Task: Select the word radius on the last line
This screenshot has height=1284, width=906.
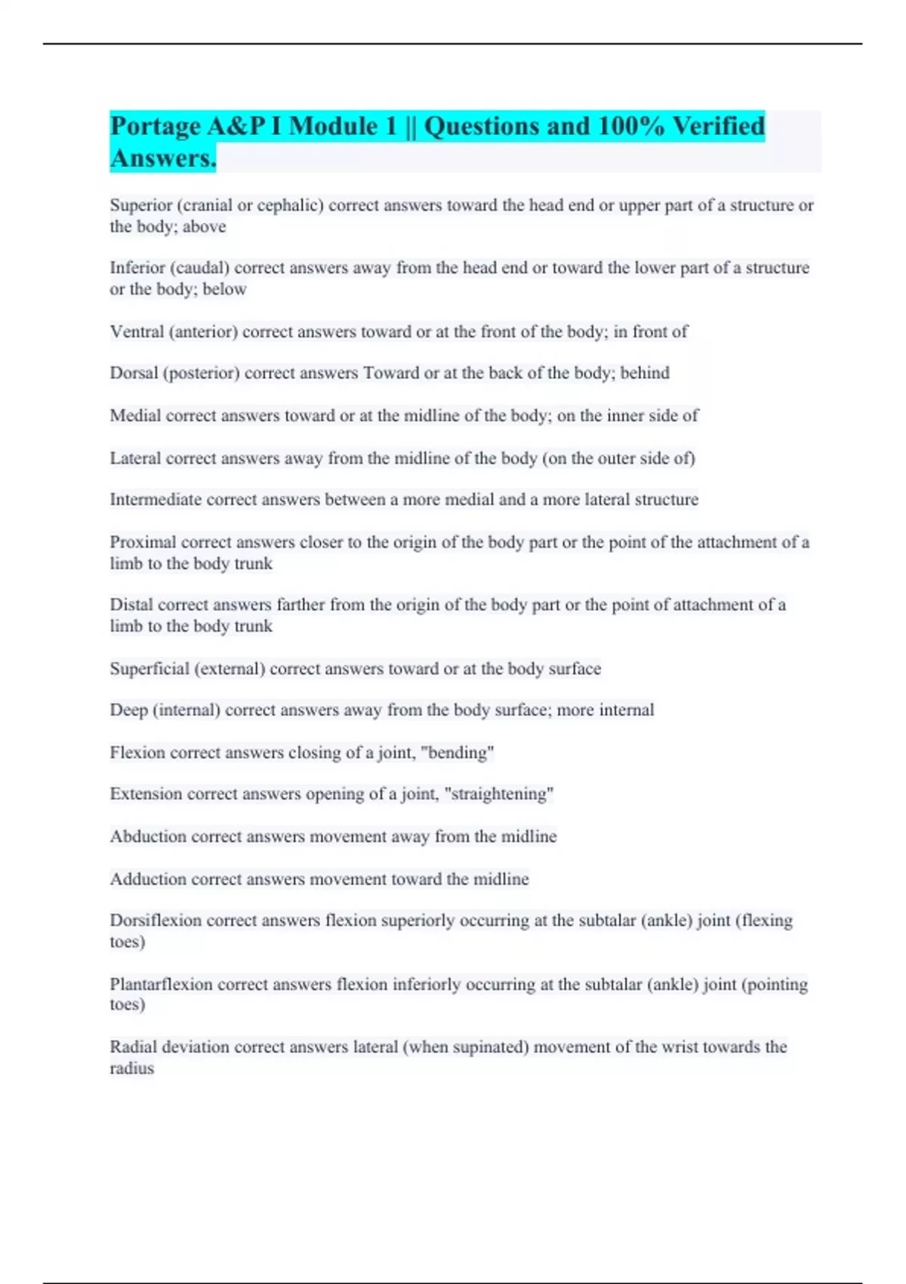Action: pos(131,1069)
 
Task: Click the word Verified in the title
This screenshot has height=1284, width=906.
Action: pos(718,126)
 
